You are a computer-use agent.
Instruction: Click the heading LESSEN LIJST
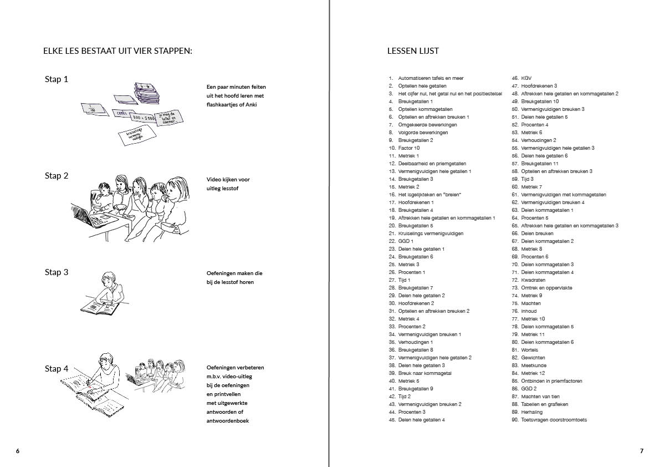[x=413, y=51]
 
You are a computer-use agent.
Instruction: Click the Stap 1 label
[x=57, y=79]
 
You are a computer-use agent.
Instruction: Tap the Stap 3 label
[x=57, y=272]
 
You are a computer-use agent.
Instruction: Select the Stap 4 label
[x=57, y=369]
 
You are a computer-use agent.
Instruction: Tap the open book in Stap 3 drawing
[x=100, y=306]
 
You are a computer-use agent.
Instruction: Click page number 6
[x=18, y=451]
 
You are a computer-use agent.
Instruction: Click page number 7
[x=642, y=451]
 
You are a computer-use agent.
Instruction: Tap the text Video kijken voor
[x=228, y=180]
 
